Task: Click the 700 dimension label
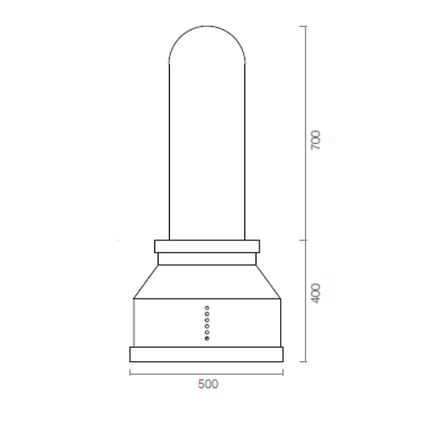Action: [x=315, y=140]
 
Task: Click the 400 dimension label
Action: [x=315, y=293]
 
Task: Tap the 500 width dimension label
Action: [x=208, y=384]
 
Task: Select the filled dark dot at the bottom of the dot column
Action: [x=207, y=338]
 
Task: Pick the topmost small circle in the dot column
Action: [x=207, y=308]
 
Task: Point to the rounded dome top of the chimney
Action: [x=207, y=26]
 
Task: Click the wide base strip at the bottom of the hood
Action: [x=206, y=354]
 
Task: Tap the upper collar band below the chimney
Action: [x=207, y=246]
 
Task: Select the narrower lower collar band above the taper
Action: [x=207, y=259]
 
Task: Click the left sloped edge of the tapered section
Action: [x=146, y=282]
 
